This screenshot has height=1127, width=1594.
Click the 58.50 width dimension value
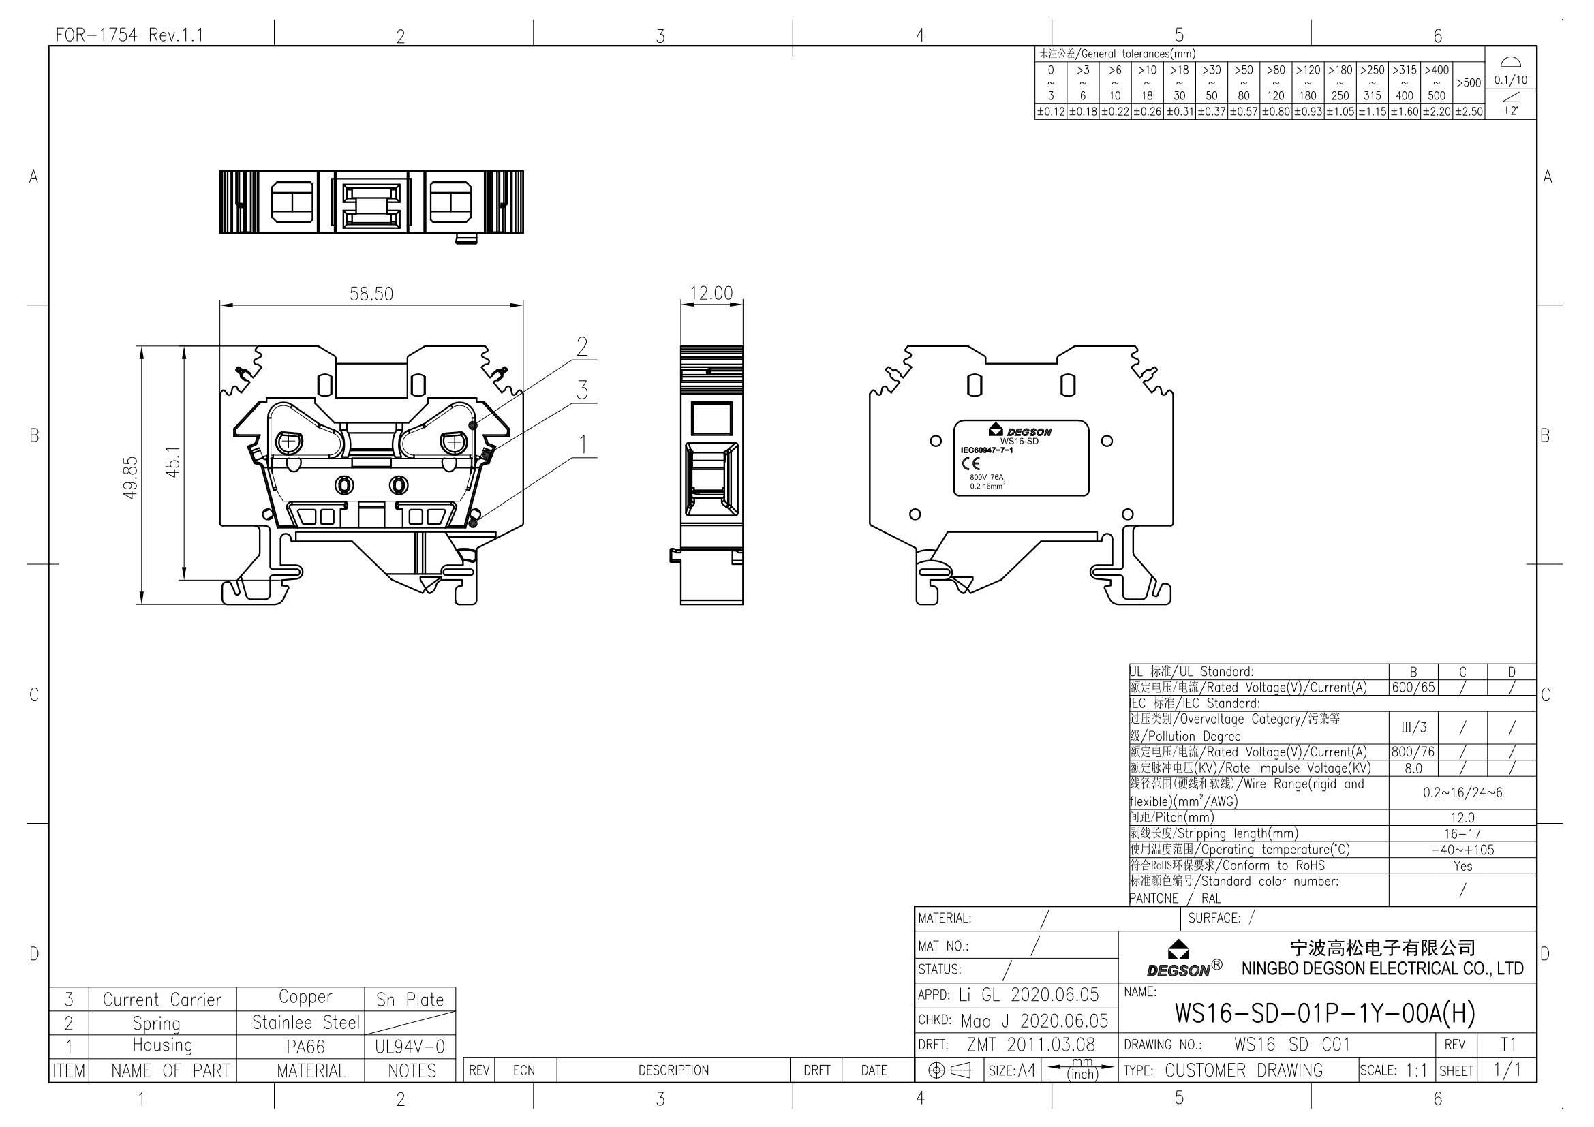click(x=371, y=294)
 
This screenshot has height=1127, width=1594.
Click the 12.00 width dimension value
click(x=711, y=294)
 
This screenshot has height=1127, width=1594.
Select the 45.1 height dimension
click(x=173, y=461)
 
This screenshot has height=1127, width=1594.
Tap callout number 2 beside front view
click(x=582, y=346)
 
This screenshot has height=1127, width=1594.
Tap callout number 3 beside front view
click(x=582, y=390)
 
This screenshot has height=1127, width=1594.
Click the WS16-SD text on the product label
click(x=1018, y=442)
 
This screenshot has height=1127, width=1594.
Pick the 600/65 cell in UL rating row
click(x=1413, y=688)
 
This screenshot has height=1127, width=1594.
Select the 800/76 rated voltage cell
click(x=1413, y=752)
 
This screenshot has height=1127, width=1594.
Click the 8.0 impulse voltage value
click(x=1413, y=768)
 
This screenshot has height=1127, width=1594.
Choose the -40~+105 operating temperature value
click(x=1462, y=850)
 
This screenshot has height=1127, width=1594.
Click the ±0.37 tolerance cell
click(x=1212, y=112)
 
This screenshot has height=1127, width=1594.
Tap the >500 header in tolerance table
click(x=1469, y=83)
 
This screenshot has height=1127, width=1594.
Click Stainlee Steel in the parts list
click(x=305, y=1023)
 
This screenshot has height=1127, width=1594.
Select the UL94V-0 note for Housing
click(x=410, y=1047)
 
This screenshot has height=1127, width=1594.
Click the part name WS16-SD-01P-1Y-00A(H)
click(x=1324, y=1014)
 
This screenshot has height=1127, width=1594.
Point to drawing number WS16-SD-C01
click(x=1291, y=1045)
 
